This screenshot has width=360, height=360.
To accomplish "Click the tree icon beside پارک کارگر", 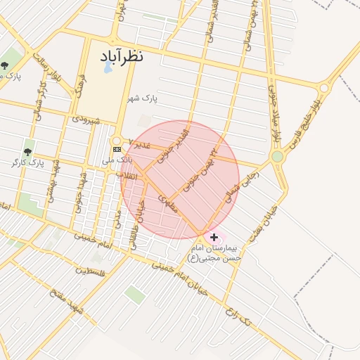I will tap(27, 152).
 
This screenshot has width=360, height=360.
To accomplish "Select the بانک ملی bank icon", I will tap(117, 150).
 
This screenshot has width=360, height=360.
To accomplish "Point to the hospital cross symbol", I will tap(214, 238).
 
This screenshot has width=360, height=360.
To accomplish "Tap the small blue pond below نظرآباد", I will tap(108, 68).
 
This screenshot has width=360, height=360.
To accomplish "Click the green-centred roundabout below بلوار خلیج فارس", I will tap(278, 156).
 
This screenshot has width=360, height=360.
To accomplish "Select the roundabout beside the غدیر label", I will tap(117, 140).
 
